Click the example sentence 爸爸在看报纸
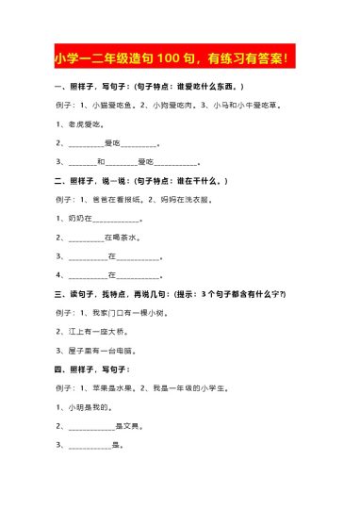(119, 199)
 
